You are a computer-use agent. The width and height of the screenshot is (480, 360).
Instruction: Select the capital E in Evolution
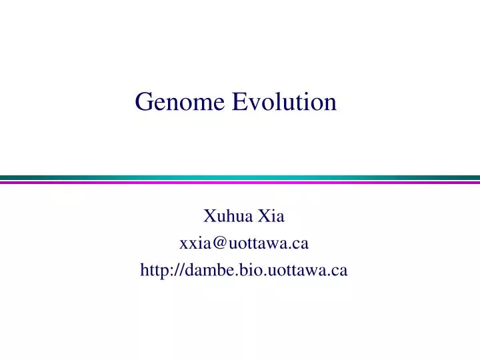[x=239, y=101]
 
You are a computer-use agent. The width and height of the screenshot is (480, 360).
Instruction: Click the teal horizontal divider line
[x=240, y=177]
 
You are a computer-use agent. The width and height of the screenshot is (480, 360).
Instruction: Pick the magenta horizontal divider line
[x=240, y=182]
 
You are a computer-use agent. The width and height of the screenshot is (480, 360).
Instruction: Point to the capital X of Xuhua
[x=209, y=216]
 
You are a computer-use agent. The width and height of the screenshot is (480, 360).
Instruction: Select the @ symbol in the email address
[x=217, y=243]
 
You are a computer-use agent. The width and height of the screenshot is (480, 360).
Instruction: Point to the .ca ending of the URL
[x=339, y=270]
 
